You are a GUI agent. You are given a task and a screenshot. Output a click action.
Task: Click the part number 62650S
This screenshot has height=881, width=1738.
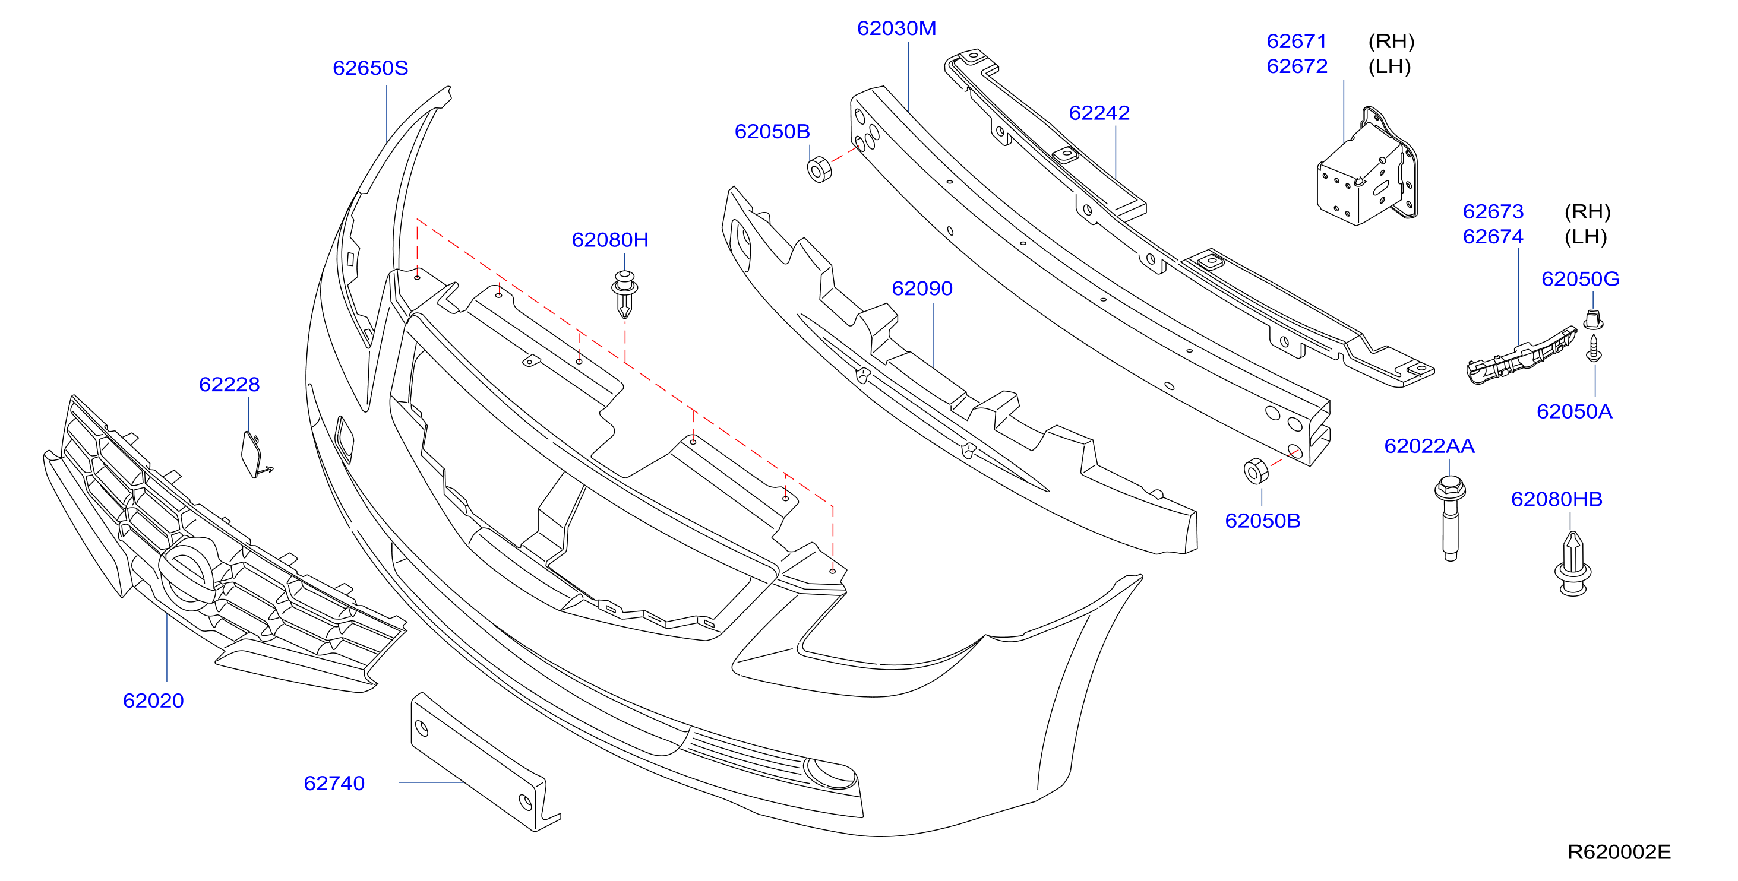(x=371, y=68)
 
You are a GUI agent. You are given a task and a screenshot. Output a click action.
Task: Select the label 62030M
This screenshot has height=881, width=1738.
(x=897, y=28)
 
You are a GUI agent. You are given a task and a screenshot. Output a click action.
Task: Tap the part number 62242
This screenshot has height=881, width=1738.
(x=1099, y=113)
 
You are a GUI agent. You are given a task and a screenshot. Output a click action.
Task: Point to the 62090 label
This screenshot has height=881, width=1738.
(x=922, y=289)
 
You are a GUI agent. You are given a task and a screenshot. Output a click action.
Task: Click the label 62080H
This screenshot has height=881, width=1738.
(x=610, y=240)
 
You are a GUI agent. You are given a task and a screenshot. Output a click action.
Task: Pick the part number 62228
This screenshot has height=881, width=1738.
(x=229, y=385)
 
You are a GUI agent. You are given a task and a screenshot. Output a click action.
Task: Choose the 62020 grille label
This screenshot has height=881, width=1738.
(x=153, y=701)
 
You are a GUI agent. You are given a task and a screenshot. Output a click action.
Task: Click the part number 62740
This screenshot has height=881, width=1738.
(x=334, y=783)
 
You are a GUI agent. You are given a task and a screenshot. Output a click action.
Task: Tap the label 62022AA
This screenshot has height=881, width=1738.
(x=1429, y=446)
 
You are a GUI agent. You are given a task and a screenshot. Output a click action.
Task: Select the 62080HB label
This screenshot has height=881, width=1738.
(x=1556, y=499)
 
